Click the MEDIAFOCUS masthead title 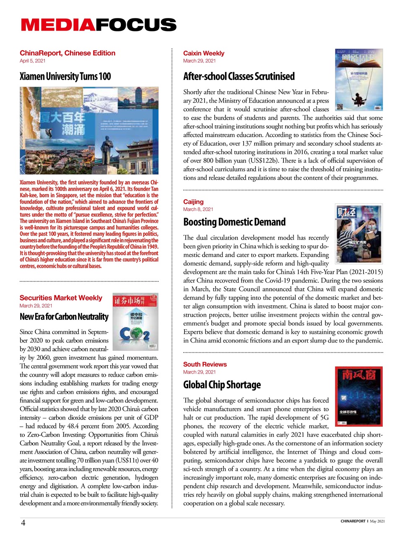[99, 25]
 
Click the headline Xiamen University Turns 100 [65, 77]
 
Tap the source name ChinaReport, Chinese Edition [67, 53]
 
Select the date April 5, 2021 [32, 61]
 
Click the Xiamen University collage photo [89, 131]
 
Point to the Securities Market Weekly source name [61, 298]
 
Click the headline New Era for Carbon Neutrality [64, 317]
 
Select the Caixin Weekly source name [204, 53]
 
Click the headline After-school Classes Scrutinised [239, 77]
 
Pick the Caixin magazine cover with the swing [359, 80]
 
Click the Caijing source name [193, 202]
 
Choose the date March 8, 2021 [198, 209]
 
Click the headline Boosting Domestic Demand [234, 222]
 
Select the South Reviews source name [205, 364]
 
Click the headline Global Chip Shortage [222, 385]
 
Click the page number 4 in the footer [23, 523]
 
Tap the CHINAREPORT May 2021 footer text [362, 521]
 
